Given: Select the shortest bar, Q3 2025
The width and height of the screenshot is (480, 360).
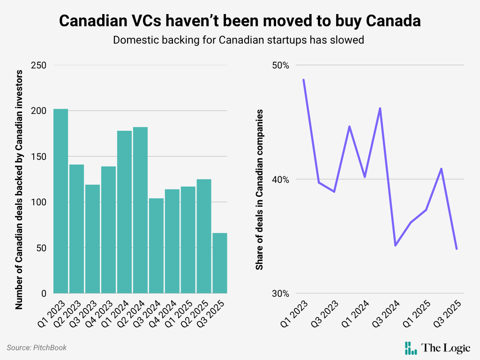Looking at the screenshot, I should (x=220, y=263).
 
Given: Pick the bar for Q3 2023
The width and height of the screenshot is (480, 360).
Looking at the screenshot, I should (x=92, y=239).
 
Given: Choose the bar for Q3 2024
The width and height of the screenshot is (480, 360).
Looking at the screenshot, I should (x=156, y=246).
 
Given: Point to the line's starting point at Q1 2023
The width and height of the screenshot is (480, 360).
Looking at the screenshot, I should (x=304, y=80).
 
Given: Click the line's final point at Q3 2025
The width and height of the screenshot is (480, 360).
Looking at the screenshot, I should (x=457, y=249).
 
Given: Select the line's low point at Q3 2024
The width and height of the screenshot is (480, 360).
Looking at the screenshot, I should (x=395, y=245).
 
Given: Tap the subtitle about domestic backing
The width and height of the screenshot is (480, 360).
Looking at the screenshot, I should (x=239, y=40).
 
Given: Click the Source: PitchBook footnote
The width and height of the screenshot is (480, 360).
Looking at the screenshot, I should (x=37, y=347).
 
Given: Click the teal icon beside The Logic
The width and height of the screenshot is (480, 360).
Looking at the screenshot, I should (x=411, y=348).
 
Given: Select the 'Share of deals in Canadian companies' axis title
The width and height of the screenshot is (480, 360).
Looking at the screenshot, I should (x=259, y=189).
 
